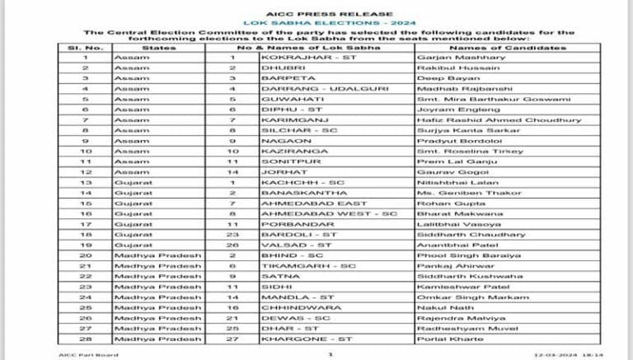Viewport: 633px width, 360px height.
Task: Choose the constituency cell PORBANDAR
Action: [286, 223]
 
